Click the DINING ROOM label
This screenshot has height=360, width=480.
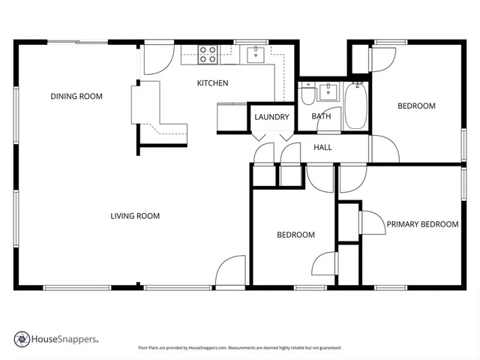(76, 96)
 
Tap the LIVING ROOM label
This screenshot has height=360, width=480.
(135, 216)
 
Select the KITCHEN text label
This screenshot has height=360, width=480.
(212, 83)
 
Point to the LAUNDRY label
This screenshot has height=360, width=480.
(271, 117)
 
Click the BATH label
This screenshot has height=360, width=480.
(321, 116)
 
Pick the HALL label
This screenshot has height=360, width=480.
(322, 147)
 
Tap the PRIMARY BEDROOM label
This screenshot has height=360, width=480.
(422, 224)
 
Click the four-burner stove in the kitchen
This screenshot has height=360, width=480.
(208, 53)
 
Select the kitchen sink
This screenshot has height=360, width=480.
(256, 52)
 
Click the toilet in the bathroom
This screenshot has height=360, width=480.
(307, 96)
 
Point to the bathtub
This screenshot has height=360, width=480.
(355, 107)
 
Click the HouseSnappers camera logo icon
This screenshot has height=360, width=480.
(22, 340)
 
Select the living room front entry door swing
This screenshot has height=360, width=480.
(230, 271)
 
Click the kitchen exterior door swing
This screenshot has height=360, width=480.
(158, 59)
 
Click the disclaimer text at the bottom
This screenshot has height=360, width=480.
(240, 348)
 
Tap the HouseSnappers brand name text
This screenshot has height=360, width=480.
(64, 340)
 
